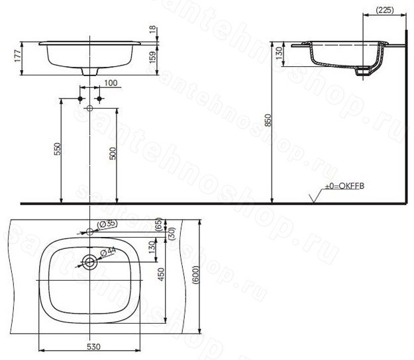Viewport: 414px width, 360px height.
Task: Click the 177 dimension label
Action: click(x=18, y=56)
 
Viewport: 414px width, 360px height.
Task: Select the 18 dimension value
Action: click(x=153, y=30)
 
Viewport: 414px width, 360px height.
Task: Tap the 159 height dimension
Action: click(x=153, y=58)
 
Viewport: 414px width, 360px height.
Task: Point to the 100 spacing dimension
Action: click(x=111, y=83)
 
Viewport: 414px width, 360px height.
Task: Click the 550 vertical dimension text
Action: click(x=57, y=149)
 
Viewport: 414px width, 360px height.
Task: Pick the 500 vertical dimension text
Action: click(x=113, y=154)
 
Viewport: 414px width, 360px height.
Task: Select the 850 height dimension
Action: click(x=268, y=120)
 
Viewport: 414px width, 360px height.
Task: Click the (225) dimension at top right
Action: click(x=384, y=11)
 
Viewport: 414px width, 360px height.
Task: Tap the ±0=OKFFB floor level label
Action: click(x=344, y=186)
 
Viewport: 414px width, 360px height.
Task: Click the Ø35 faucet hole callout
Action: click(x=107, y=224)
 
